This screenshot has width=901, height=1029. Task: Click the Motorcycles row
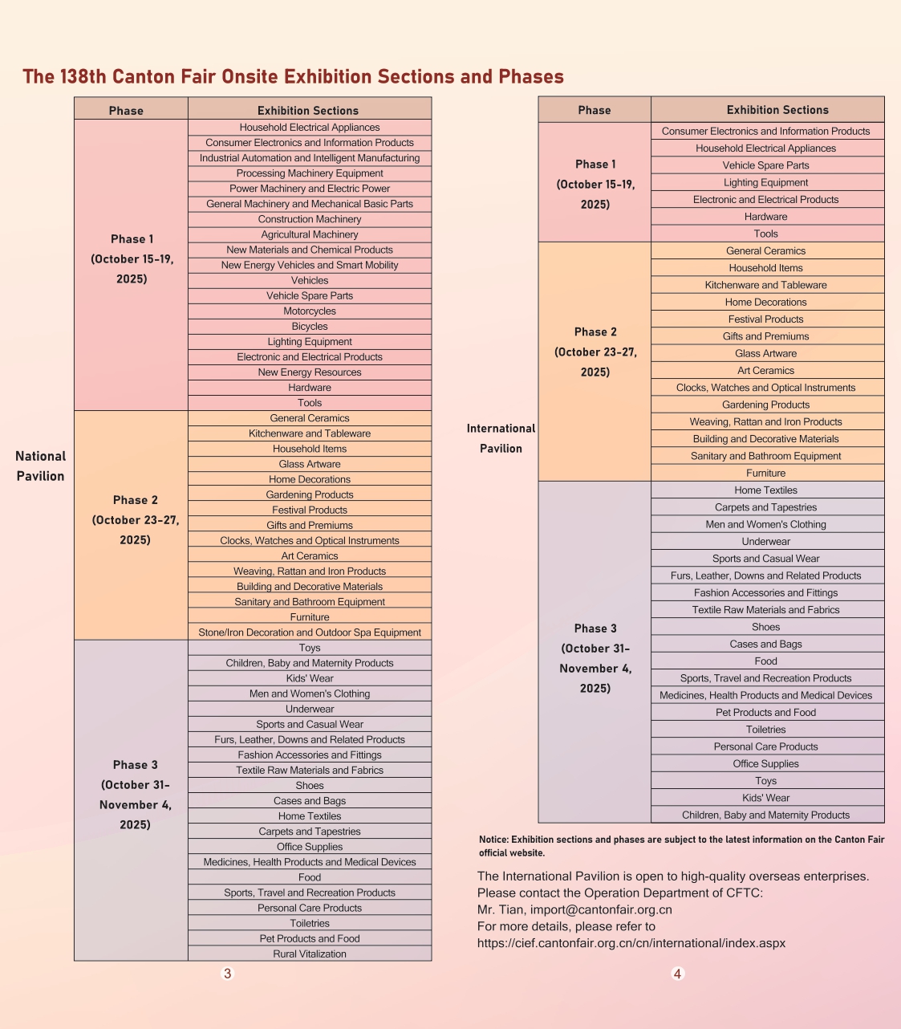point(310,311)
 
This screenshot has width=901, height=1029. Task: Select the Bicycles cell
point(310,327)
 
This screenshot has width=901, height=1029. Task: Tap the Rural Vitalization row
point(310,954)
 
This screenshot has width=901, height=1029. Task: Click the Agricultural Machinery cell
point(310,234)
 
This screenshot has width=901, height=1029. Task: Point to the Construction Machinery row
point(310,219)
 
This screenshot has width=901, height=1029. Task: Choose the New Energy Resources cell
point(310,372)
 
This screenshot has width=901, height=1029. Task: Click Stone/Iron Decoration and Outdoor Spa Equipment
point(310,632)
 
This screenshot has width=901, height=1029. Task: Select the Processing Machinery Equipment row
point(310,173)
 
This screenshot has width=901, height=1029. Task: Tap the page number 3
point(227,974)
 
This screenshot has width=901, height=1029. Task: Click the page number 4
point(677,974)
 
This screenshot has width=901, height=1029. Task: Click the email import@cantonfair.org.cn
point(601,909)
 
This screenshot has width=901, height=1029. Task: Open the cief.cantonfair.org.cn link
point(631,943)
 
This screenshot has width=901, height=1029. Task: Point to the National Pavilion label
point(40,466)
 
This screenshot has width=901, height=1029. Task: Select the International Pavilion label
point(501,438)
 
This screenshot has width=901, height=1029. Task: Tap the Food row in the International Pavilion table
point(765,661)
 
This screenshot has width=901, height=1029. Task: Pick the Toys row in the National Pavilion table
point(310,648)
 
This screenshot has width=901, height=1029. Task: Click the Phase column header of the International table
point(595,110)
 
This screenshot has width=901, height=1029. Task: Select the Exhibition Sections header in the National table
point(308,111)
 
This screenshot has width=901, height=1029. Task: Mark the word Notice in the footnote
point(493,840)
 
